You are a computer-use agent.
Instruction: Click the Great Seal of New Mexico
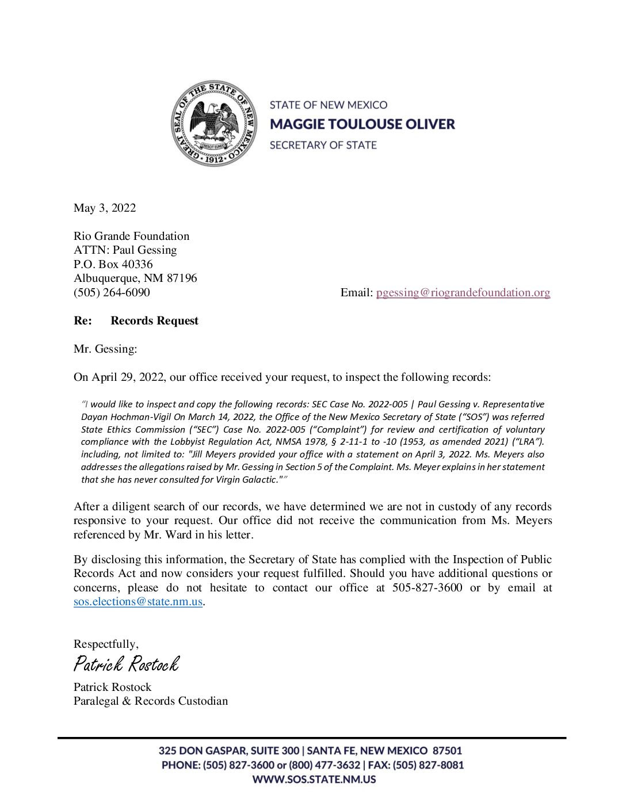point(214,124)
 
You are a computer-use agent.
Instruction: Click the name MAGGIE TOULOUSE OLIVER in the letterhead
point(362,124)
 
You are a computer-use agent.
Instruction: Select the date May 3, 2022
point(105,208)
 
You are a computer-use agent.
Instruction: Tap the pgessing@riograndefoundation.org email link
point(463,292)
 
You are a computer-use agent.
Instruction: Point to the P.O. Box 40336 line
point(113,264)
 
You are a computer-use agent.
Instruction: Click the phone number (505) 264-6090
point(112,292)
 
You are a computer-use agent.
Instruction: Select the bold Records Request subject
point(154,320)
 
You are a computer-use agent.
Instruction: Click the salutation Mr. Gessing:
point(105,349)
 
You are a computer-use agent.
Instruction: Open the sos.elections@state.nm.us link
point(138,602)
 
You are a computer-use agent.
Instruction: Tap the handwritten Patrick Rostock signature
point(126,664)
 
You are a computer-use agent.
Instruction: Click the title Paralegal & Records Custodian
point(151,701)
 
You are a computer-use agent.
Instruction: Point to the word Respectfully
point(105,644)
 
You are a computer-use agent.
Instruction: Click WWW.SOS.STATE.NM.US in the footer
point(314,780)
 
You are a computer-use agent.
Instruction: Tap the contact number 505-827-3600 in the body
point(427,587)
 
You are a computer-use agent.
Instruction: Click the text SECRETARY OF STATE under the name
point(323,145)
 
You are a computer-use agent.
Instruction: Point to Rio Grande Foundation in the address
point(131,236)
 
